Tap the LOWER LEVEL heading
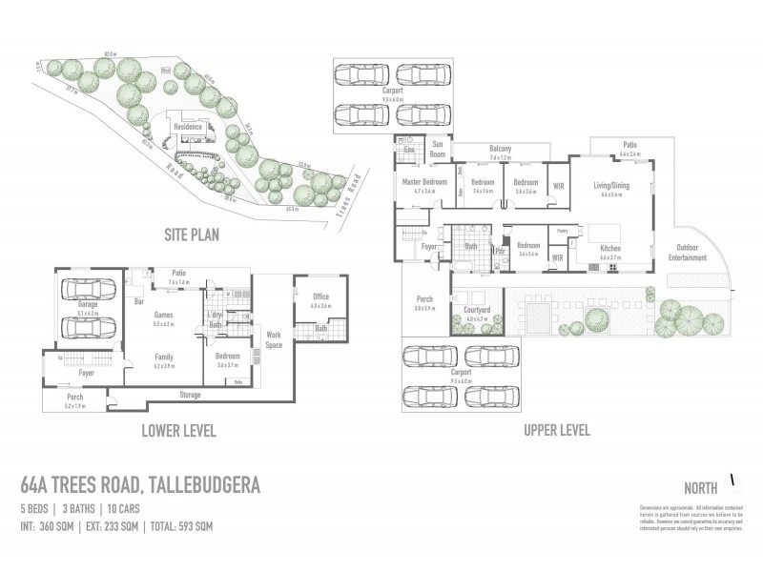[178, 431]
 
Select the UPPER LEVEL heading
[557, 431]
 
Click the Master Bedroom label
[418, 181]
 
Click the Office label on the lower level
[320, 296]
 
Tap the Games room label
[163, 314]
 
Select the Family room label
[164, 357]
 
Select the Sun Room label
[438, 150]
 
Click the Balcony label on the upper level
[501, 149]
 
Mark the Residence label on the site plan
[187, 125]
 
